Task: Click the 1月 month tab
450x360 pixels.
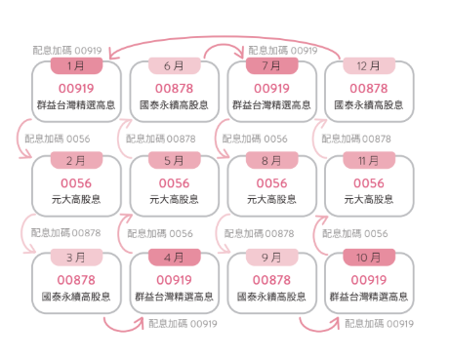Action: tap(77, 66)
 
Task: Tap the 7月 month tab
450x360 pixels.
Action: tap(271, 66)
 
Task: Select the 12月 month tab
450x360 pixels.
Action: tap(369, 66)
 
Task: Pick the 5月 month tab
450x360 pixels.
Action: tap(174, 161)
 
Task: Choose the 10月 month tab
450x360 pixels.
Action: tap(369, 258)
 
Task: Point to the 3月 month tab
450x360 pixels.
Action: tap(77, 258)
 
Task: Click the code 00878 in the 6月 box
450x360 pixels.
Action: tap(174, 87)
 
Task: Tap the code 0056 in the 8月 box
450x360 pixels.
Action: tap(271, 182)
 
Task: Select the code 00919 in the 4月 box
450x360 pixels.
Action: tap(174, 279)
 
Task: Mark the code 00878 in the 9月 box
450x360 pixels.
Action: tap(271, 279)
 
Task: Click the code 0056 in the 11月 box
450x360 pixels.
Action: tap(369, 182)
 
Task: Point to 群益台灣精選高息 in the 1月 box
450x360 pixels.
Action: tap(77, 103)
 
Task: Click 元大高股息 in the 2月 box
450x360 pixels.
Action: tap(77, 199)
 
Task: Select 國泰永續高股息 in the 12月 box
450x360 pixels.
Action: tap(369, 103)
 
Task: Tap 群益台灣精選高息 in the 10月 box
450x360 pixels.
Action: tap(369, 296)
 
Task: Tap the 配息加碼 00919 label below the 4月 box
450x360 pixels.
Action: tap(183, 324)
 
